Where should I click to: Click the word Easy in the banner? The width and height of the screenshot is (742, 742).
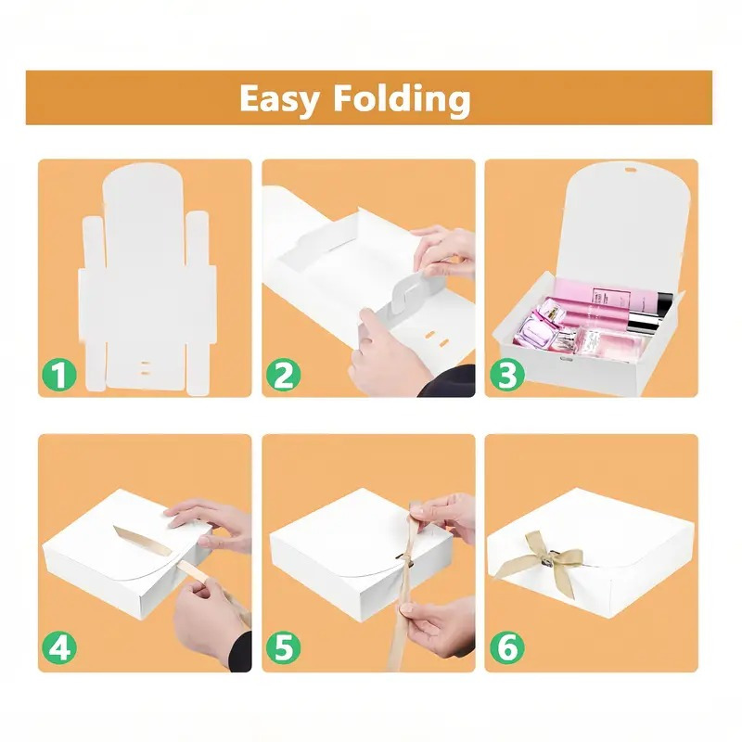point(279,100)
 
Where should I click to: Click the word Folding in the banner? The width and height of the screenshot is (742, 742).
point(402,99)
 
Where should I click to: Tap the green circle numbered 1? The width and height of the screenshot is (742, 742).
point(59,375)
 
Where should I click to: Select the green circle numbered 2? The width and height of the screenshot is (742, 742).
point(283,375)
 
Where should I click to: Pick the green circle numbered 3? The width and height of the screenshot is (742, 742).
point(506,375)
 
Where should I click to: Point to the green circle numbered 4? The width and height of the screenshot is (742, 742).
point(59,648)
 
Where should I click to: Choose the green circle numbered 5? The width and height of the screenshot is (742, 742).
point(283,648)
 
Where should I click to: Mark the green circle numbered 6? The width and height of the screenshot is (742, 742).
point(506,648)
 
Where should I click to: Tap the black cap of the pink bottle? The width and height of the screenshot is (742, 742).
point(663,304)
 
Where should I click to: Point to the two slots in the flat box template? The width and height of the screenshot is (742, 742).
point(146,368)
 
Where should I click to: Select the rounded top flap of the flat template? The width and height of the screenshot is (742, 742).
point(143,189)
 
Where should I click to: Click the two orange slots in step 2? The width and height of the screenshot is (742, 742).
point(436,339)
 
